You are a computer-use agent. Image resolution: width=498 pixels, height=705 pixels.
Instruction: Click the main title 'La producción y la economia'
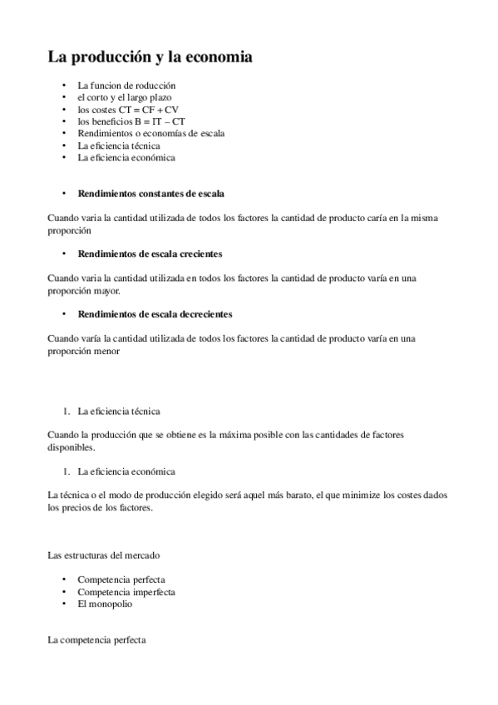tap(150, 57)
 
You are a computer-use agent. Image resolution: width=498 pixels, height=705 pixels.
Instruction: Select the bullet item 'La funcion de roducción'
tap(126, 86)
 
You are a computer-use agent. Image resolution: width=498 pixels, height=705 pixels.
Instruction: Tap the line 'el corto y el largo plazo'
tap(125, 97)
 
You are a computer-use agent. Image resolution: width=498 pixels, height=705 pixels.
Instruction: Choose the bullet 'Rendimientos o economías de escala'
tap(150, 133)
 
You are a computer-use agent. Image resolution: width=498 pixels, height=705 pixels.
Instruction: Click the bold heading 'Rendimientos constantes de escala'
tap(150, 193)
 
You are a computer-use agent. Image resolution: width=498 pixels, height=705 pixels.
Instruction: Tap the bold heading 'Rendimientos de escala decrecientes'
tap(155, 314)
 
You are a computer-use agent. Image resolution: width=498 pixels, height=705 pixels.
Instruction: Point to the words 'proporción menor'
tap(83, 351)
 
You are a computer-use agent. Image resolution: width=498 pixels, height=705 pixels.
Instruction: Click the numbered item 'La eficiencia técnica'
tap(119, 411)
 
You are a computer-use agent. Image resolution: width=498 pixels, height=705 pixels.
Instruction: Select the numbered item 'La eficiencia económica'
tap(126, 471)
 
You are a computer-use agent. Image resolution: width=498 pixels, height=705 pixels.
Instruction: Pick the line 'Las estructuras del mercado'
tap(104, 555)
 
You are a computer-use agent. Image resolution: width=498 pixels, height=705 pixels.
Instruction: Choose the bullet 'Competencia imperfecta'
tap(126, 592)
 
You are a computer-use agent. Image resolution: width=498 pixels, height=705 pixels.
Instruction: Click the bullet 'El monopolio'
tap(105, 604)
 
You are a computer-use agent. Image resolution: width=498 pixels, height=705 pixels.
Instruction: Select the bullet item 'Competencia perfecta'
tap(121, 579)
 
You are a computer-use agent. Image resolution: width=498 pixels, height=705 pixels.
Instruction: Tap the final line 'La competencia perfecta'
tap(94, 641)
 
